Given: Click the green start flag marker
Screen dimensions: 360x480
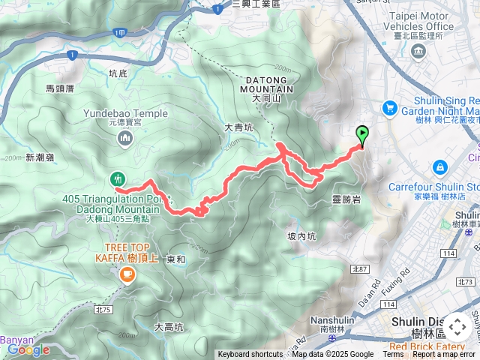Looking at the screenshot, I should click(362, 135).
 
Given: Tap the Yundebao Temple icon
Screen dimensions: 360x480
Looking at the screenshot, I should click(125, 138).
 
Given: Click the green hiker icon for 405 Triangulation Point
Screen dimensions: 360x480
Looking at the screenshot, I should click(117, 179).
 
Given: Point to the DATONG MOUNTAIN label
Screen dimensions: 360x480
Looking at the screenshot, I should click(266, 83).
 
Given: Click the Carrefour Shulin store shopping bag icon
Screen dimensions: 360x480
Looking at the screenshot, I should click(439, 165).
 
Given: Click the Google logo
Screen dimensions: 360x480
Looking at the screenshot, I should click(28, 349).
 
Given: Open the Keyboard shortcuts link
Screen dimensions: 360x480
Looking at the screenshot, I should click(250, 355).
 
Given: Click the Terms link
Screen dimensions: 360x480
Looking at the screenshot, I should click(393, 355).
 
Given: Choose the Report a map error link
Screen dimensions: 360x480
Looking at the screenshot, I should click(444, 355).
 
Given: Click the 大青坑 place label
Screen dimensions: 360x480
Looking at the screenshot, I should click(239, 127).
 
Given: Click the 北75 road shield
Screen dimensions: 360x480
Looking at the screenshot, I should click(103, 309).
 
